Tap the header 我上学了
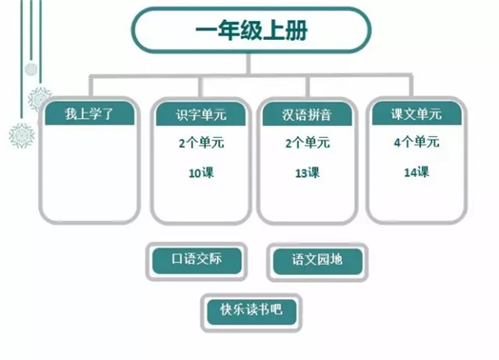90,115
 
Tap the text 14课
416,170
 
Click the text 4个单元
416,142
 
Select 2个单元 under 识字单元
197,143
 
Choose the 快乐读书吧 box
251,308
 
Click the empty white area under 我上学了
90,172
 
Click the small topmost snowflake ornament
30,69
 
